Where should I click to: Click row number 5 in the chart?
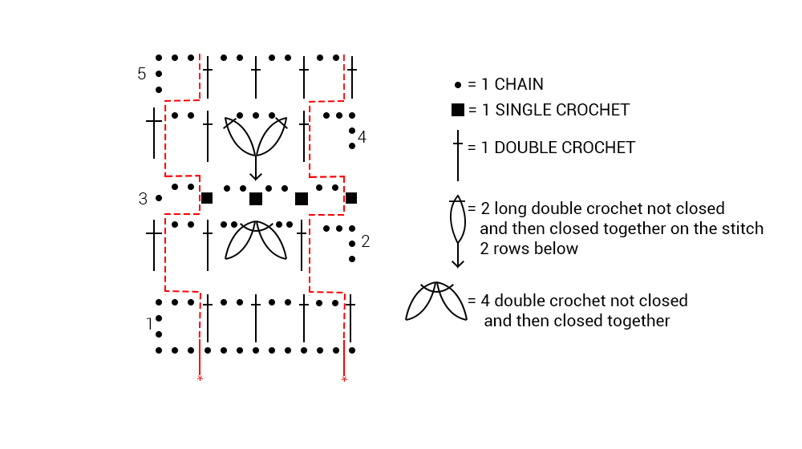(142, 74)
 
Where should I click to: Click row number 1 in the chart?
(149, 324)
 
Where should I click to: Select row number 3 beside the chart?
(143, 199)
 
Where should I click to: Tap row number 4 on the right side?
(363, 137)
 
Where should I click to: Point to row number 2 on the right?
(366, 241)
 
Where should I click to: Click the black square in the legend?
(457, 110)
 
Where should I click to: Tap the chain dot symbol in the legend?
(458, 84)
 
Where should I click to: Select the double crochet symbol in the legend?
(457, 156)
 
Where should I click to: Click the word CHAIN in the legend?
(519, 84)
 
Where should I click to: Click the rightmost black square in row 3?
(350, 198)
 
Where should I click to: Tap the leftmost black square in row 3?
(207, 198)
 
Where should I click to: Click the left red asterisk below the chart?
(199, 378)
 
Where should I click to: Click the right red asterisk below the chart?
(344, 378)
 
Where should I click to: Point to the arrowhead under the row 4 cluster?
(255, 176)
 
